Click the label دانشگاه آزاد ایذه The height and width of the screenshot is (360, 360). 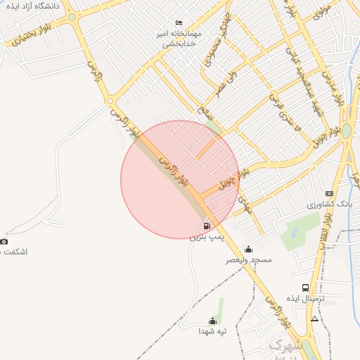click(x=33, y=6)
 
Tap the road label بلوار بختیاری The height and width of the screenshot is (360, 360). click(x=25, y=37)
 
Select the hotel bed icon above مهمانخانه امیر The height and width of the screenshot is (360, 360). click(x=179, y=22)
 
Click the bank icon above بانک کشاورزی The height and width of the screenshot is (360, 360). click(x=329, y=193)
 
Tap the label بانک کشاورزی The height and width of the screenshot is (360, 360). click(x=328, y=204)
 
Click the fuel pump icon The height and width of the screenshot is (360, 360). click(x=207, y=226)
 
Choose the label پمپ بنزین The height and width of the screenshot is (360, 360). click(x=204, y=237)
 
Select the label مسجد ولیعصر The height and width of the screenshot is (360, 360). click(x=248, y=259)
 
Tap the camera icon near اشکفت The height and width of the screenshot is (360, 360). click(x=4, y=241)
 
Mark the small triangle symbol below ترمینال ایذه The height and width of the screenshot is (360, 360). click(x=314, y=319)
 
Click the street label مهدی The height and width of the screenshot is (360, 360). click(x=244, y=205)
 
